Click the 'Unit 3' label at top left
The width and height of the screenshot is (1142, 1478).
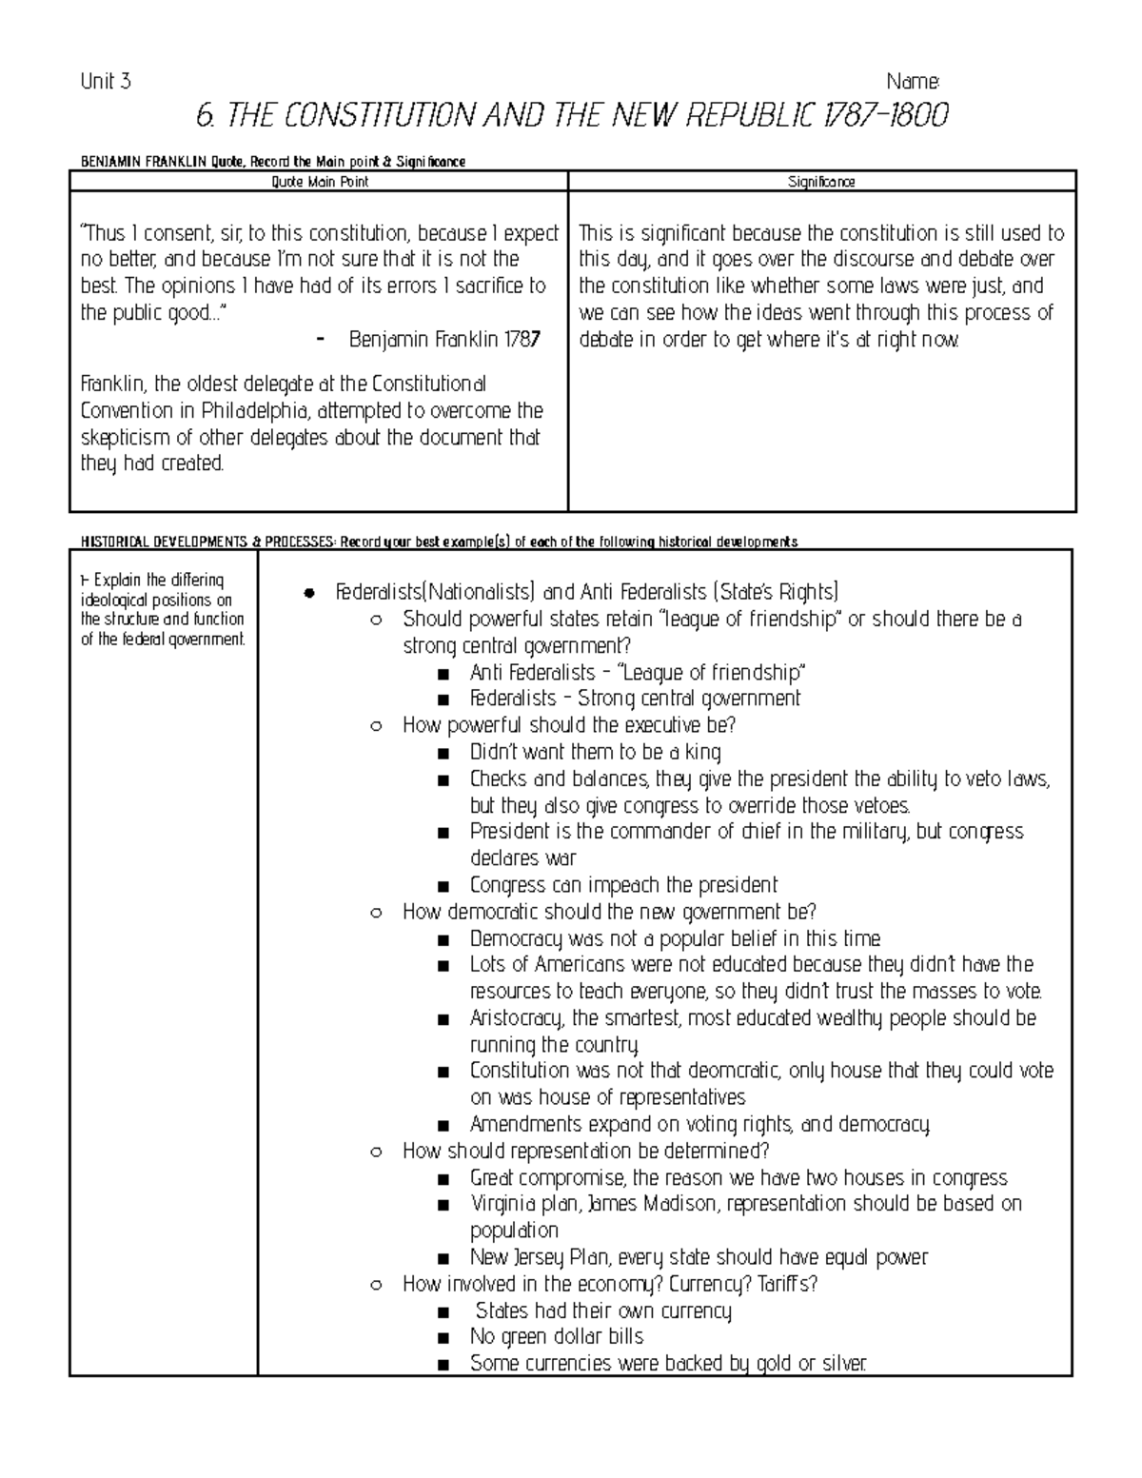click(106, 82)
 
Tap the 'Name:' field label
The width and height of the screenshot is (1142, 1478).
click(913, 82)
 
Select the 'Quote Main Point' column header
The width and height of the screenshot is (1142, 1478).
click(320, 182)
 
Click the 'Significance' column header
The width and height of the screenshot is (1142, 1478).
click(821, 182)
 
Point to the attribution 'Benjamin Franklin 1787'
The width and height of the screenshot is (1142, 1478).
click(444, 340)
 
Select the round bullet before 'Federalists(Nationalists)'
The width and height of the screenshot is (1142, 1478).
click(307, 594)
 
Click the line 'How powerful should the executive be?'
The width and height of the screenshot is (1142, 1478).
click(569, 725)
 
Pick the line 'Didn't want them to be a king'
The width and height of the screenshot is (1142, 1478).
click(595, 752)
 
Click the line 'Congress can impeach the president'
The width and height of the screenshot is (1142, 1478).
click(623, 885)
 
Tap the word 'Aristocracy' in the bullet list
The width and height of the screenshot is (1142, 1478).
click(518, 1018)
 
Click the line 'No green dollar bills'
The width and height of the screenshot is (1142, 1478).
click(556, 1337)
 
